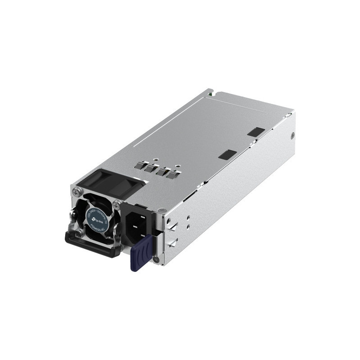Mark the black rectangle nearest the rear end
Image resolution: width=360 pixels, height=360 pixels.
(x=256, y=132)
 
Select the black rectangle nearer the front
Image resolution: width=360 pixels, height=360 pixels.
(x=227, y=154)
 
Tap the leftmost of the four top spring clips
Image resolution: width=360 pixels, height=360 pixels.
(x=148, y=166)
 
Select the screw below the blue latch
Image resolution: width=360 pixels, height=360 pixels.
(x=155, y=260)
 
